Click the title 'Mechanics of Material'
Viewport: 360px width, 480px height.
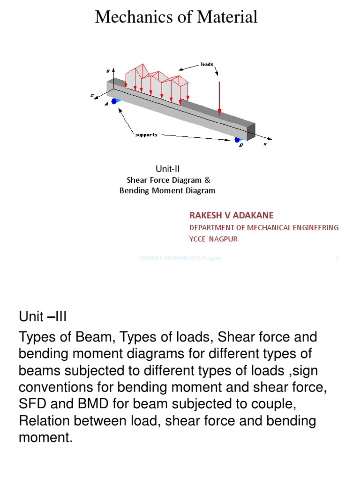point(176,17)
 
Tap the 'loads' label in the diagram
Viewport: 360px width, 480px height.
point(207,64)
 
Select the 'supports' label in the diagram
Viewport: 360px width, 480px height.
point(146,135)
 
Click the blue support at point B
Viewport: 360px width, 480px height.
point(238,139)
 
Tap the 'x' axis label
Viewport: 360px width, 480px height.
point(264,144)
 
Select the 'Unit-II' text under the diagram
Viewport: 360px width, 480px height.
point(167,169)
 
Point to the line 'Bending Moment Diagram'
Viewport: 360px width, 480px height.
point(167,191)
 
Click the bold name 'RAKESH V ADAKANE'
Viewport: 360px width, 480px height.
point(231,215)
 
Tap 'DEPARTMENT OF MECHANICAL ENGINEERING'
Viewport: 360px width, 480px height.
point(263,227)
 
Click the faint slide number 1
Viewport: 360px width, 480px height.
point(337,257)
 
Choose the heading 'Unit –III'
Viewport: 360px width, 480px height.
point(43,317)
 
